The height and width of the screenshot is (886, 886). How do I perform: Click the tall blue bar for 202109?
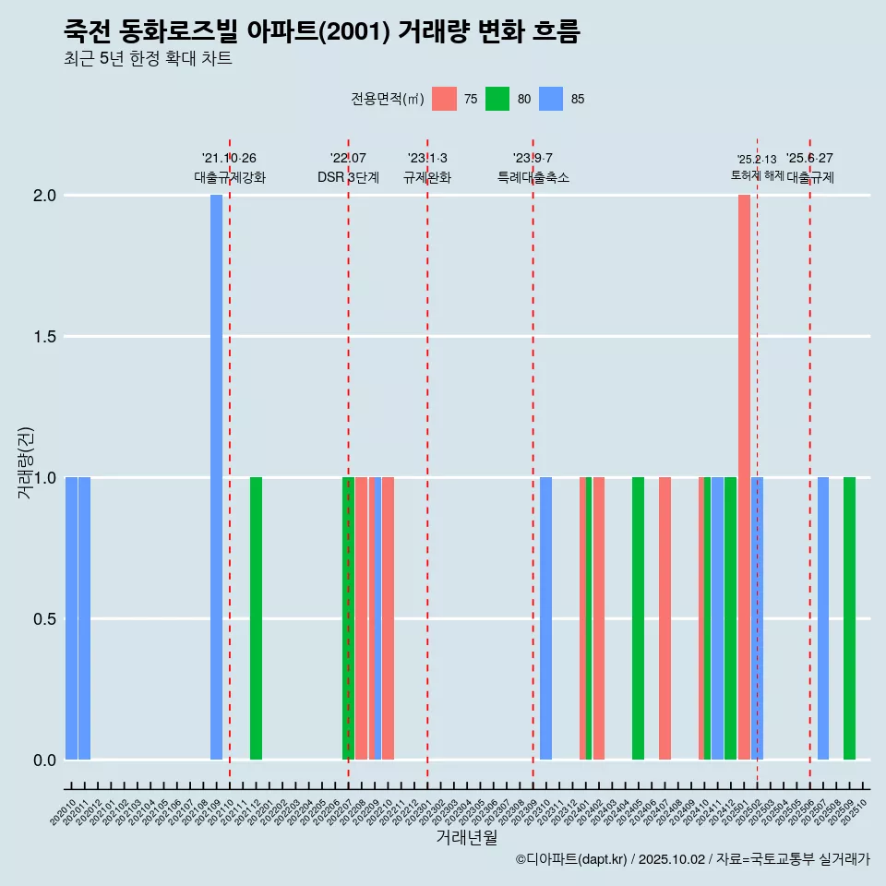click(216, 477)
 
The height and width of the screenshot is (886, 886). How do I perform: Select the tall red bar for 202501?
click(744, 477)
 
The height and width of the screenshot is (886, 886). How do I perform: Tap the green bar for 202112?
click(256, 618)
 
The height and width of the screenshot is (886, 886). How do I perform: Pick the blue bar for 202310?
click(545, 618)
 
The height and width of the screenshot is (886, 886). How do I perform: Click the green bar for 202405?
click(638, 618)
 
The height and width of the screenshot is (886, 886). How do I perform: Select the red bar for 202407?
click(664, 618)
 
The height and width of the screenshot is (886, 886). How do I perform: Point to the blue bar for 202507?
click(822, 618)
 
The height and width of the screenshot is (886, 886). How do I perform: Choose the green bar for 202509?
click(849, 618)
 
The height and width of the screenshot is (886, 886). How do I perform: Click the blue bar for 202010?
click(71, 618)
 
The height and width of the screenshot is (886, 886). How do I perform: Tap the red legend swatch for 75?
click(444, 99)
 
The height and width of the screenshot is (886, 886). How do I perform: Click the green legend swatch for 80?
click(497, 99)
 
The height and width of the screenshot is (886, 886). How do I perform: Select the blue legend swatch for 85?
click(551, 99)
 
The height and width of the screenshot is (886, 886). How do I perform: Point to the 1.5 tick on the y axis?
click(43, 337)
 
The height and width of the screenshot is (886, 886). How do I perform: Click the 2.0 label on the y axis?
click(43, 196)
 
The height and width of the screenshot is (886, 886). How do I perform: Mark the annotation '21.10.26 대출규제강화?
click(229, 168)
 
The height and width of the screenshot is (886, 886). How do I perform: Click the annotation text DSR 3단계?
click(348, 178)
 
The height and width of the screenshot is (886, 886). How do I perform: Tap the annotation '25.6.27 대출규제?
click(809, 168)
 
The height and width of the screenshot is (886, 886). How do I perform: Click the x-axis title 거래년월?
click(466, 837)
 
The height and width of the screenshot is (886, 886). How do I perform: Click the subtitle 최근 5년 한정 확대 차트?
click(148, 59)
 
